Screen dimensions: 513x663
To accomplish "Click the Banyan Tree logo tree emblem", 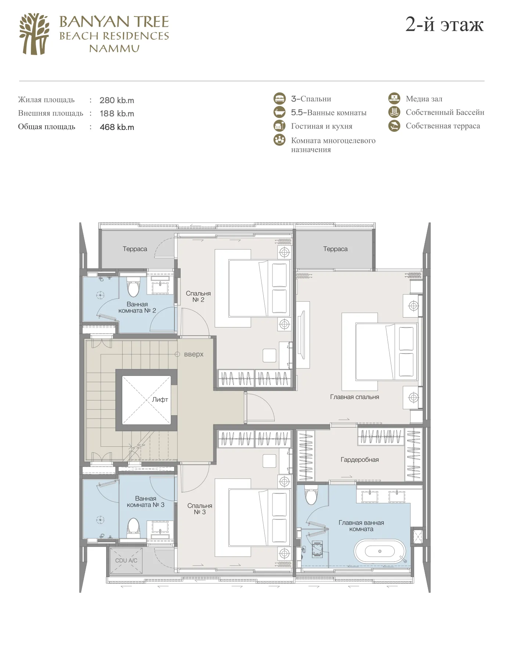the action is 34,34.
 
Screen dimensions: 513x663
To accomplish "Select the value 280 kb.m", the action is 117,100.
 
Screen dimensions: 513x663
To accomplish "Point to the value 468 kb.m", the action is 117,127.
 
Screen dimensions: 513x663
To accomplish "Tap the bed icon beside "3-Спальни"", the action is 279,99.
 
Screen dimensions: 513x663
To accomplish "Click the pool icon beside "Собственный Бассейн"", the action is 394,112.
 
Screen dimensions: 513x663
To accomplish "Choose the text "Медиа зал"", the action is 424,99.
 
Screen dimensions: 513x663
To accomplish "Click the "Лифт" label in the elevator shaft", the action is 160,399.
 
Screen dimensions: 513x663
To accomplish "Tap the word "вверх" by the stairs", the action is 194,354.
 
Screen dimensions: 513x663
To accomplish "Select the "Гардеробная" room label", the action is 360,460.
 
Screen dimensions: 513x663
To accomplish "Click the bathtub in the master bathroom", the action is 380,551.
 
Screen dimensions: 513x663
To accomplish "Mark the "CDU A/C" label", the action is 126,561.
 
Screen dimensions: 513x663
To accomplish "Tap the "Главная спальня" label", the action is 354,397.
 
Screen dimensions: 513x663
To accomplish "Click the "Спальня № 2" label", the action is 198,297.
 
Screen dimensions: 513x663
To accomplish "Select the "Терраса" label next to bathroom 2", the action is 135,249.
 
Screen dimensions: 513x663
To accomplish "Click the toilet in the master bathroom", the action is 311,495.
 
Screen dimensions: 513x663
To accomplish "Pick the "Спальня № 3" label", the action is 200,509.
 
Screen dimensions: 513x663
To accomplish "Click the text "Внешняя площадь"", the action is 51,113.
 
